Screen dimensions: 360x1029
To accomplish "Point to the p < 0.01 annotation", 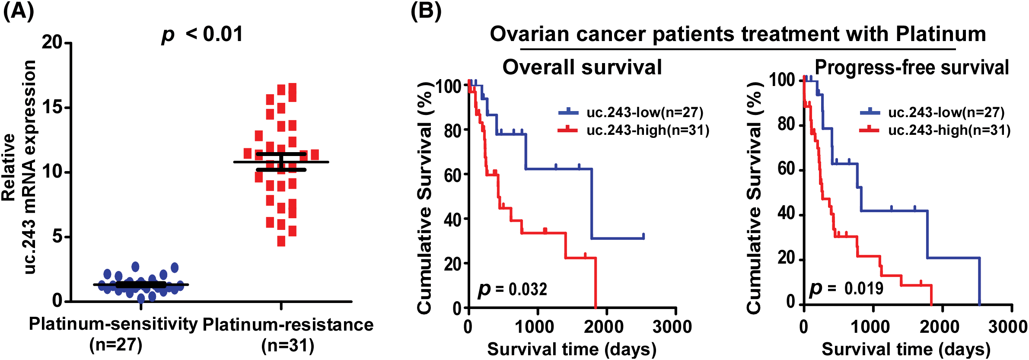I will (x=202, y=34).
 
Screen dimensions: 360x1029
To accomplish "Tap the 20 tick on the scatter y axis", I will (x=52, y=42).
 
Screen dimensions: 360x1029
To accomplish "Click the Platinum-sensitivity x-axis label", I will (x=113, y=324).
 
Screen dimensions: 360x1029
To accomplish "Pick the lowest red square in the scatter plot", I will (x=281, y=241).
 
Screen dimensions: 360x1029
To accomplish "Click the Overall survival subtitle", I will (x=582, y=67).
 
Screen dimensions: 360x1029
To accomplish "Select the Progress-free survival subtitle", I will (x=911, y=67).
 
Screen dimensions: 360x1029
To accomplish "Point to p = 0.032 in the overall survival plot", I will (x=513, y=289).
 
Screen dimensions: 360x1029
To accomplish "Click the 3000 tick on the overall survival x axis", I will (x=672, y=327).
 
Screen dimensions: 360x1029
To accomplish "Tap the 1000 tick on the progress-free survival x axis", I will (x=870, y=327).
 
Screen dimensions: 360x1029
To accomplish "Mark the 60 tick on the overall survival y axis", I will (x=452, y=175).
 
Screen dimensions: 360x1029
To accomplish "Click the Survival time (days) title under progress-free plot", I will (x=906, y=349).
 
